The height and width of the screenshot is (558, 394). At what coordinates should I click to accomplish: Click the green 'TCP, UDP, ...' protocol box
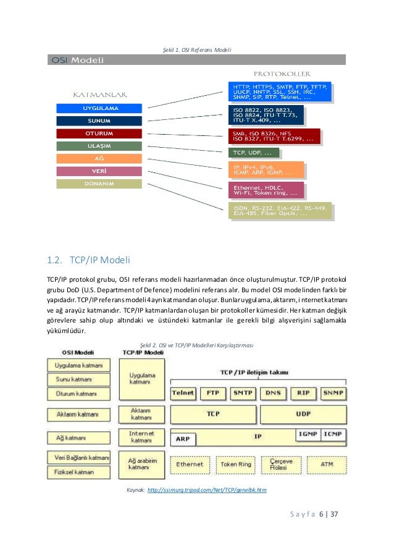pyautogui.click(x=253, y=152)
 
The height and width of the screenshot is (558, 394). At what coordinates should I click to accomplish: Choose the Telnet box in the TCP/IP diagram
pyautogui.click(x=183, y=392)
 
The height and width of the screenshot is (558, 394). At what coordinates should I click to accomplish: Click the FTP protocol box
pyautogui.click(x=213, y=392)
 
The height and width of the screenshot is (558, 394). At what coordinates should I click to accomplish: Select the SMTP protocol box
pyautogui.click(x=243, y=392)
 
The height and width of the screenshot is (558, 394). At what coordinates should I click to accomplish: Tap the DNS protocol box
pyautogui.click(x=273, y=392)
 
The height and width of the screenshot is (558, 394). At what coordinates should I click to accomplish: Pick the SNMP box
pyautogui.click(x=333, y=392)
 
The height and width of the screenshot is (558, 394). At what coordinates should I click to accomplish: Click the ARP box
pyautogui.click(x=183, y=439)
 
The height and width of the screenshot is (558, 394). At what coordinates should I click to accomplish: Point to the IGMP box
pyautogui.click(x=308, y=434)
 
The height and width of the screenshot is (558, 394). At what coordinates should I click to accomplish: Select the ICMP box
pyautogui.click(x=333, y=434)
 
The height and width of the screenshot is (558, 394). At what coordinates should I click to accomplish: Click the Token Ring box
pyautogui.click(x=237, y=463)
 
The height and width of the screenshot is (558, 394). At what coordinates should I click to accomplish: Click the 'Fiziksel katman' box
pyautogui.click(x=78, y=471)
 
